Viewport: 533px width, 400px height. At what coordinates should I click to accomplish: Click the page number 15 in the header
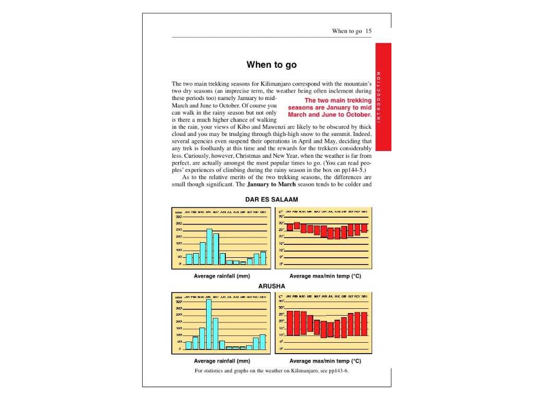pyautogui.click(x=369, y=31)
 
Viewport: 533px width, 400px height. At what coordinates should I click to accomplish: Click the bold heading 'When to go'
pyautogui.click(x=272, y=65)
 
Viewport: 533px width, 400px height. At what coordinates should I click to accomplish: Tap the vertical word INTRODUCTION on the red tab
pyautogui.click(x=379, y=97)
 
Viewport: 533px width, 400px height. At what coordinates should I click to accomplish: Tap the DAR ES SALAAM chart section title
pyautogui.click(x=272, y=199)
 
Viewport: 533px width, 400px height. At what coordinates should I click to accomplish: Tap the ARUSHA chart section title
pyautogui.click(x=272, y=286)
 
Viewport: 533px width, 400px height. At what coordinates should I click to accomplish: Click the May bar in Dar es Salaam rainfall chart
pyautogui.click(x=216, y=249)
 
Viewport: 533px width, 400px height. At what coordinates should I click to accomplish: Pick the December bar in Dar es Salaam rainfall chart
pyautogui.click(x=263, y=258)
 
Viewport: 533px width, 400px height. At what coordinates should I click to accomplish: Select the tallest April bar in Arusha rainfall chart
pyautogui.click(x=209, y=324)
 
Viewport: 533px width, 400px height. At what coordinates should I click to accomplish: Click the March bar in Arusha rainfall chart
pyautogui.click(x=202, y=338)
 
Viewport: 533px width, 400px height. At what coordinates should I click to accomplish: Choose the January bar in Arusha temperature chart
pyautogui.click(x=290, y=323)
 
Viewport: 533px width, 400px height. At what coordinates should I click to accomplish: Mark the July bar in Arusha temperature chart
pyautogui.click(x=330, y=329)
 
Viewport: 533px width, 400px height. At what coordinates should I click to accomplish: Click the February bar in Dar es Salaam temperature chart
pyautogui.click(x=297, y=226)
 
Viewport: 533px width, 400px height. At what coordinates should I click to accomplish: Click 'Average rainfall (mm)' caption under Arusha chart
pyautogui.click(x=222, y=361)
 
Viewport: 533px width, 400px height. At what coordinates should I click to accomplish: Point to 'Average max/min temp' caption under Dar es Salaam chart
pyautogui.click(x=325, y=276)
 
